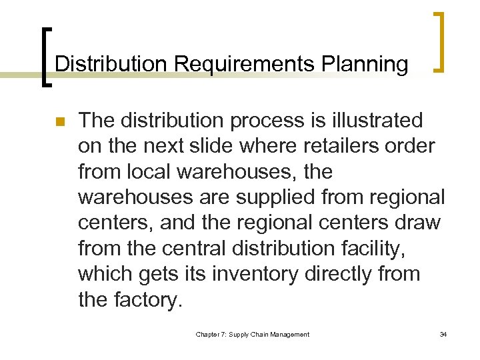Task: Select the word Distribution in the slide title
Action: click(111, 64)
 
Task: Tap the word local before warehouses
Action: click(149, 171)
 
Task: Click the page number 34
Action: click(443, 335)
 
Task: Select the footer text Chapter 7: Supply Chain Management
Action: click(252, 335)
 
